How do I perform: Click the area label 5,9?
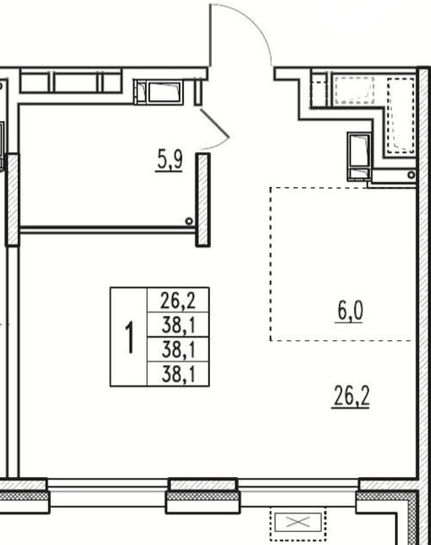coord(170,160)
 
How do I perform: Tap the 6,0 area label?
coord(350,311)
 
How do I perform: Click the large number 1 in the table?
coord(130,337)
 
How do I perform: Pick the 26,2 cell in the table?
coord(178,301)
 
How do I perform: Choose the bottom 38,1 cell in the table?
coord(178,374)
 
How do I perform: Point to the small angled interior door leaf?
coord(215,123)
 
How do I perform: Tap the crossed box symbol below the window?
coord(298,522)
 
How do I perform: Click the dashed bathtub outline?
coord(401,115)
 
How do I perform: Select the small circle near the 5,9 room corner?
coord(189,221)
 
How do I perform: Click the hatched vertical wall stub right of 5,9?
coord(203,200)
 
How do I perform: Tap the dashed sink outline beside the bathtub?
coord(354,90)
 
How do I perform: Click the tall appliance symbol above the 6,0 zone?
coord(359,157)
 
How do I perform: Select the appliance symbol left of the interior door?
coord(159,92)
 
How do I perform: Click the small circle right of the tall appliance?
coord(411,175)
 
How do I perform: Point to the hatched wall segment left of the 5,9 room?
coord(13,200)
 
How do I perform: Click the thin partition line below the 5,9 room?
coord(107,229)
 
